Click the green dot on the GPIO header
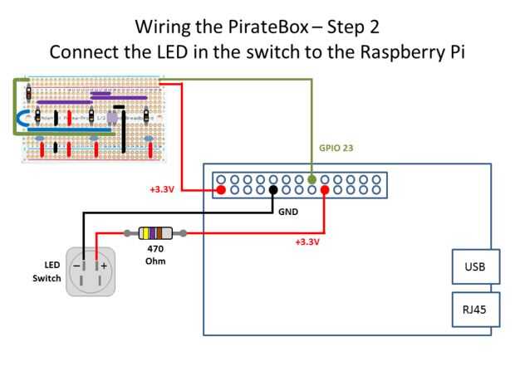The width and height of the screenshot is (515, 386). [x=311, y=178]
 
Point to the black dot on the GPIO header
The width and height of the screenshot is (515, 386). [x=273, y=190]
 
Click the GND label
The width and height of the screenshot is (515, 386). [x=287, y=212]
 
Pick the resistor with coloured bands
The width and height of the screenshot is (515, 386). [x=155, y=234]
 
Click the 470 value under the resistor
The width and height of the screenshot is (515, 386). [x=155, y=248]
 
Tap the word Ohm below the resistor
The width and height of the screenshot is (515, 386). [x=155, y=261]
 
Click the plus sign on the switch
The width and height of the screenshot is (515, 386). [x=104, y=266]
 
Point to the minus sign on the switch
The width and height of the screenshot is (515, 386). [x=76, y=266]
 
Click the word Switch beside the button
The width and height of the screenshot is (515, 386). [x=47, y=278]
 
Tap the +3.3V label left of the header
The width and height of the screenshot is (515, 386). [x=162, y=190]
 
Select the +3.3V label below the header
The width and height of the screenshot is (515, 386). [x=307, y=242]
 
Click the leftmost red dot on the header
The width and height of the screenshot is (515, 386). [x=221, y=190]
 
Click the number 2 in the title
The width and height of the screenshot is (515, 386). [x=374, y=27]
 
